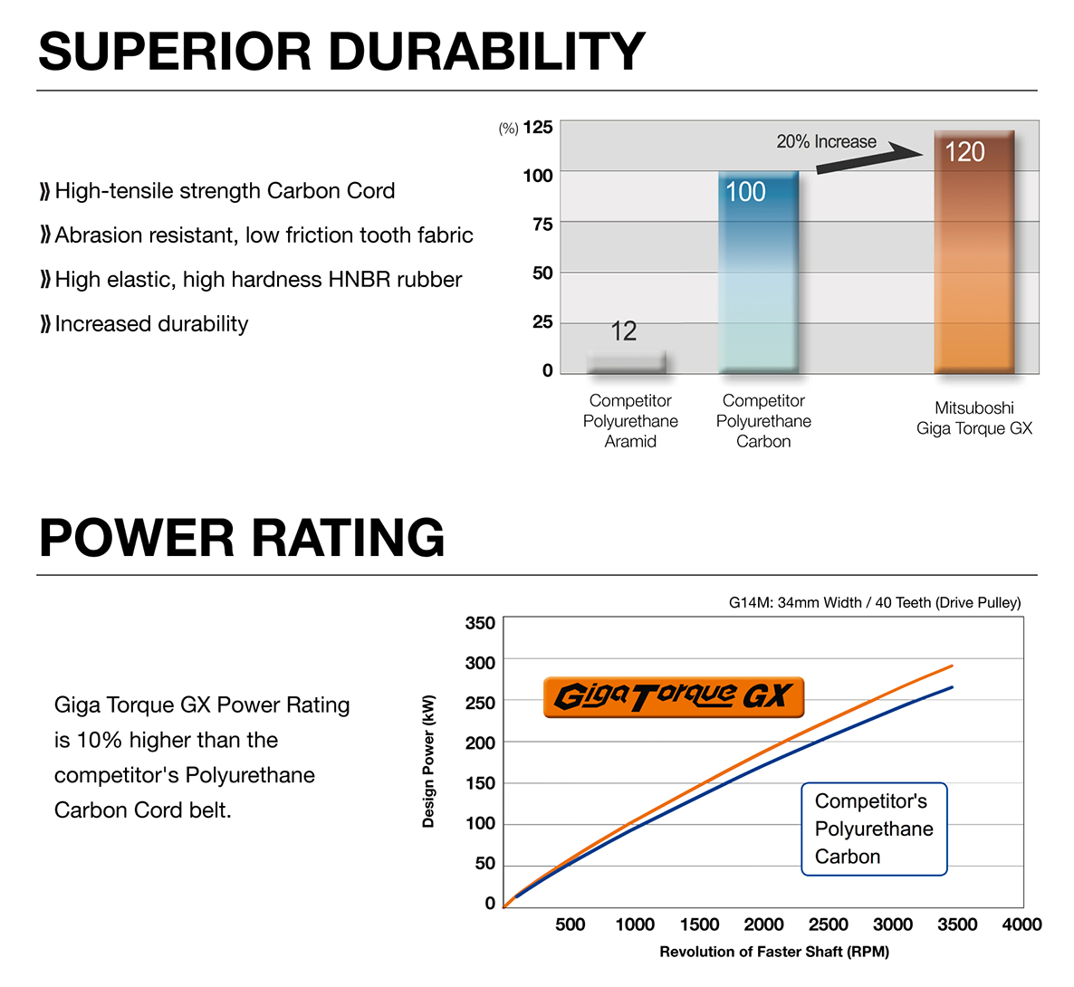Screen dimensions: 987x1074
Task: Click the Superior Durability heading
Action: coord(341,52)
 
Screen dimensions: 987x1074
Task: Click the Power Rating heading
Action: coord(242,538)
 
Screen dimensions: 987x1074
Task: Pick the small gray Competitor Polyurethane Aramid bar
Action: coord(626,362)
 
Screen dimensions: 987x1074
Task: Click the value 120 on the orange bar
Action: coord(964,152)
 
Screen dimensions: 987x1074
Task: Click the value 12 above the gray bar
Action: coord(623,331)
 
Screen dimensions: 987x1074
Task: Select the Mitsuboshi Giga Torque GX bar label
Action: coord(973,418)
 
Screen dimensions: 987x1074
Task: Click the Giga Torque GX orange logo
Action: coord(673,697)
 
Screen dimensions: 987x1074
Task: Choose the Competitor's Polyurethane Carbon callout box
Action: coord(874,829)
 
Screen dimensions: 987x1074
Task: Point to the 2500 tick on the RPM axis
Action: coord(828,925)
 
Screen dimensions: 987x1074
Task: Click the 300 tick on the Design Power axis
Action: coord(480,663)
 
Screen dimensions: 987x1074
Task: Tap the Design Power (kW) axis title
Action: coord(429,761)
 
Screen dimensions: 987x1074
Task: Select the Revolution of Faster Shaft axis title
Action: coord(774,952)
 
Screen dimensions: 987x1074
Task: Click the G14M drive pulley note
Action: coord(874,603)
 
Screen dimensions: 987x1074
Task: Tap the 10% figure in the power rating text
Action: coord(99,741)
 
